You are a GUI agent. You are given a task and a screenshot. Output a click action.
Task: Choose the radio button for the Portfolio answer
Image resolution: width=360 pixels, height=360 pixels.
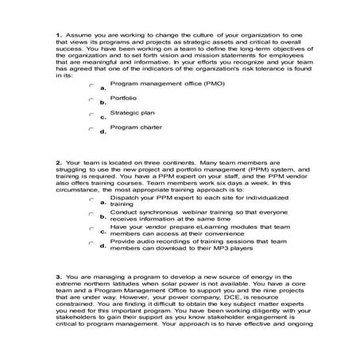[x=92, y=99]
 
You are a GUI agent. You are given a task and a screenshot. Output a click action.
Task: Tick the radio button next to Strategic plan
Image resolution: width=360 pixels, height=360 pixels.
[x=92, y=114]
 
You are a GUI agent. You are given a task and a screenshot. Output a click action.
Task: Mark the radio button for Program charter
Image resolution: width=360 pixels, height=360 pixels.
[x=92, y=129]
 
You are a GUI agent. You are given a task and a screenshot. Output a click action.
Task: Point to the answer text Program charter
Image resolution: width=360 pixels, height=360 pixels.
[x=137, y=126]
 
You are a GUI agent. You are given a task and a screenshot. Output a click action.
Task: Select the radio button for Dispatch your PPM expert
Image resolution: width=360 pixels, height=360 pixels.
[x=92, y=199]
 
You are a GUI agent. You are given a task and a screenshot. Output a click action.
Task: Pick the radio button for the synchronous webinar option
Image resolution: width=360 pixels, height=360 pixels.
[x=92, y=214]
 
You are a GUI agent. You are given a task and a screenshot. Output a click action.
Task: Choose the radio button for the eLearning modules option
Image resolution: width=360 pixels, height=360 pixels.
[x=92, y=228]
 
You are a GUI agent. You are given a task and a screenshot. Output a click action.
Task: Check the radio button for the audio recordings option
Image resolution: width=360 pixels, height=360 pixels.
[x=92, y=243]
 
